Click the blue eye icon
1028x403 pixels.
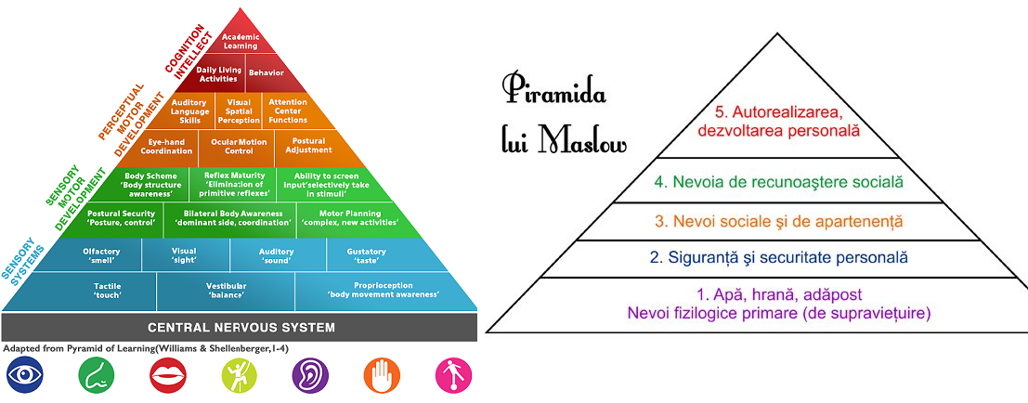pyautogui.click(x=25, y=376)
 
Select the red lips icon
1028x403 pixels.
pyautogui.click(x=167, y=376)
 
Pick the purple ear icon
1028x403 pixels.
pyautogui.click(x=310, y=376)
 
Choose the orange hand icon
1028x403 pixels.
pyautogui.click(x=382, y=376)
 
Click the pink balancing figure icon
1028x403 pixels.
pyautogui.click(x=453, y=376)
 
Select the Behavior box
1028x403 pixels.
pyautogui.click(x=266, y=72)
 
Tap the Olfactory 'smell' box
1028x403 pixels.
pyautogui.click(x=99, y=255)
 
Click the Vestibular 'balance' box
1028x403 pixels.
pyautogui.click(x=225, y=291)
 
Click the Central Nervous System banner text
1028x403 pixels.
pyautogui.click(x=241, y=327)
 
